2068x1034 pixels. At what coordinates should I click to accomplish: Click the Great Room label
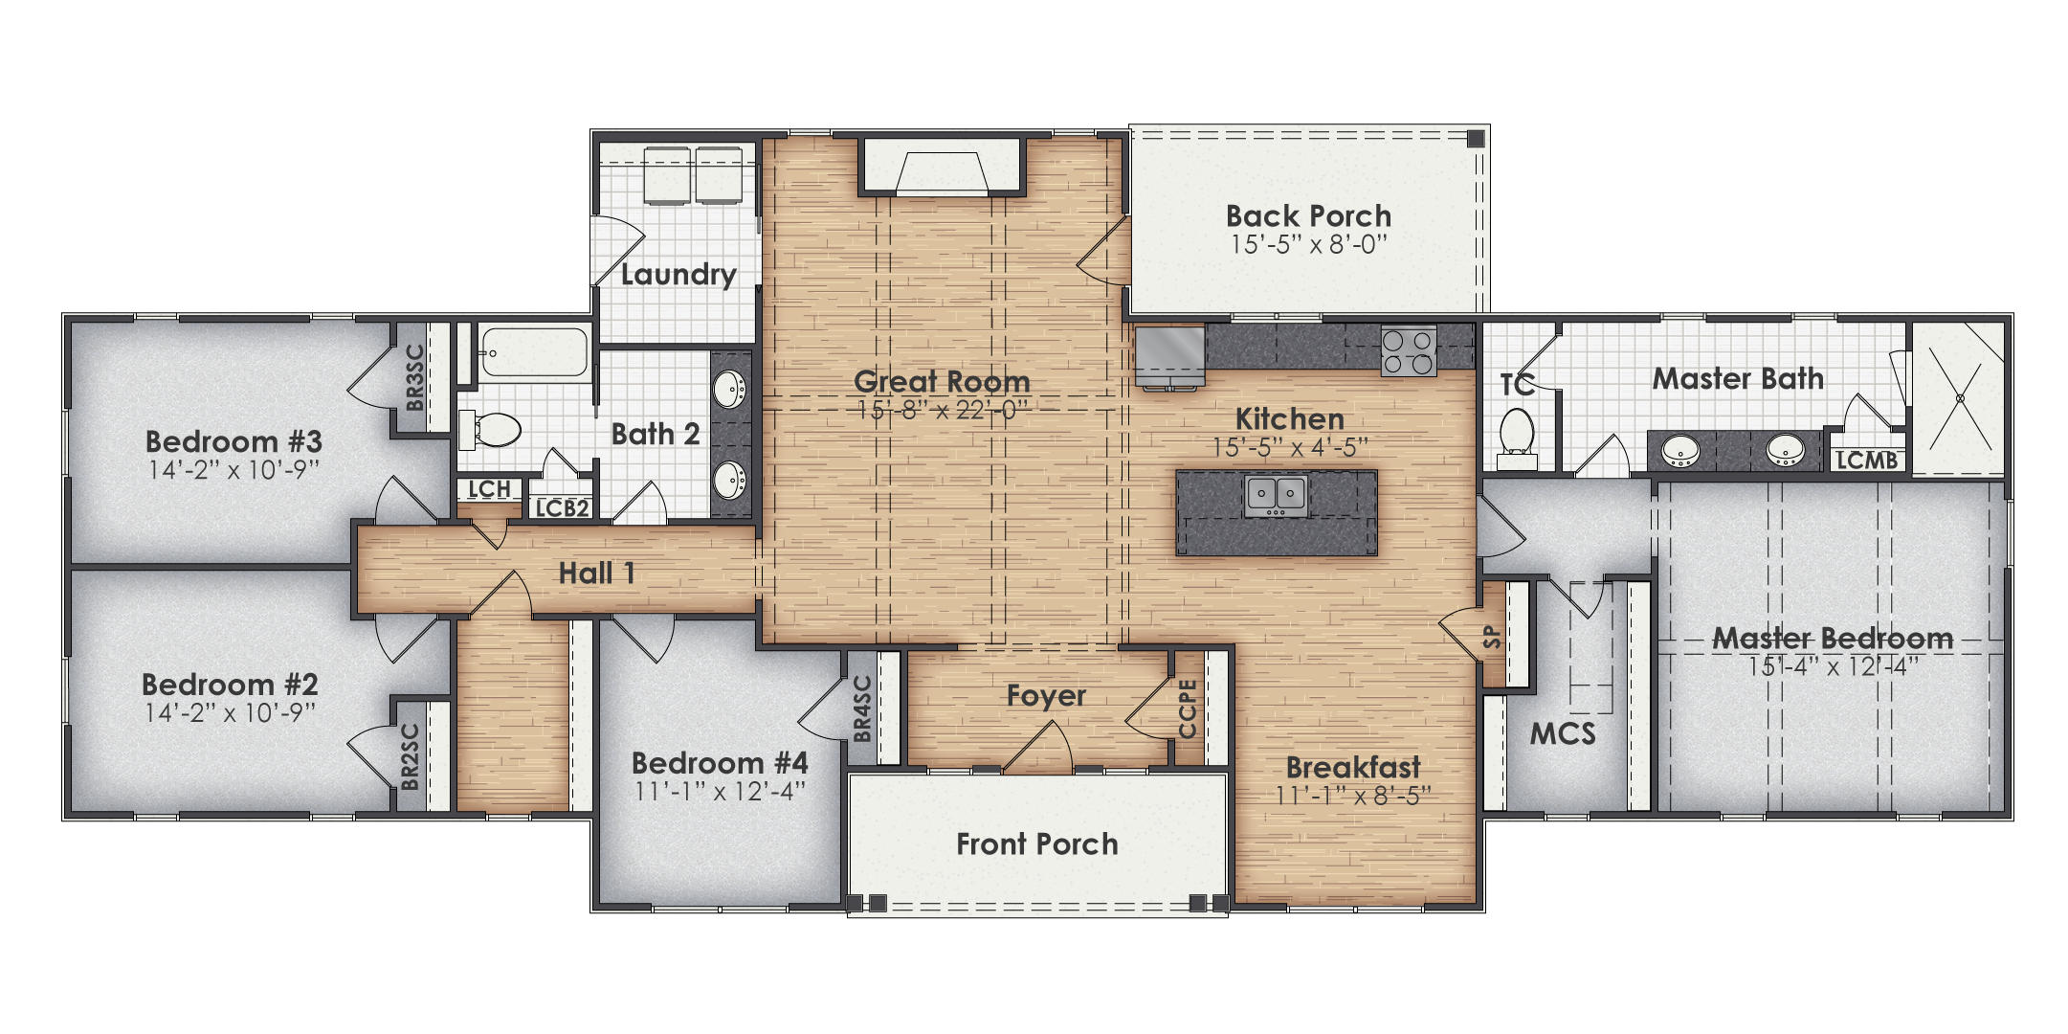[x=941, y=381]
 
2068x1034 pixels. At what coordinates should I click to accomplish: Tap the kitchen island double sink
[x=1277, y=496]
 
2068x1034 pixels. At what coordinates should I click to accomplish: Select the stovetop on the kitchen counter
[x=1408, y=351]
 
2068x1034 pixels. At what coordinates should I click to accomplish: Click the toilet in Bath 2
[x=492, y=430]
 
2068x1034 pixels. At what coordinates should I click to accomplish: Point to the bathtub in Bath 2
[x=534, y=354]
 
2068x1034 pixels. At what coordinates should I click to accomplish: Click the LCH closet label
[x=489, y=489]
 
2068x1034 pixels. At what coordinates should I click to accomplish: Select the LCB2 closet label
[x=562, y=508]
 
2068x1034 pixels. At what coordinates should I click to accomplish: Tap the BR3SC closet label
[x=414, y=377]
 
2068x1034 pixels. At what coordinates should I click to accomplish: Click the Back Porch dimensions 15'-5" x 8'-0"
[x=1308, y=245]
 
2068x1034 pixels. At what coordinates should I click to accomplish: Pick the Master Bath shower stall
[x=1958, y=397]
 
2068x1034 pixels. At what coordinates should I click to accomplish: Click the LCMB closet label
[x=1866, y=461]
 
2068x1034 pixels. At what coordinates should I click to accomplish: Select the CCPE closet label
[x=1188, y=708]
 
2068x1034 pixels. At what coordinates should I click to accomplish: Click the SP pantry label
[x=1491, y=637]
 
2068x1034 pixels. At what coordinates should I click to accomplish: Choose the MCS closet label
[x=1562, y=734]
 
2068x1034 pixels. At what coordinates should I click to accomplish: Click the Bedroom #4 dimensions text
[x=720, y=792]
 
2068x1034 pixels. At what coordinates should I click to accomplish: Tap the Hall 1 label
[x=596, y=573]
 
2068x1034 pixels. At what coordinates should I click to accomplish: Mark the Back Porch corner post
[x=1475, y=139]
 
